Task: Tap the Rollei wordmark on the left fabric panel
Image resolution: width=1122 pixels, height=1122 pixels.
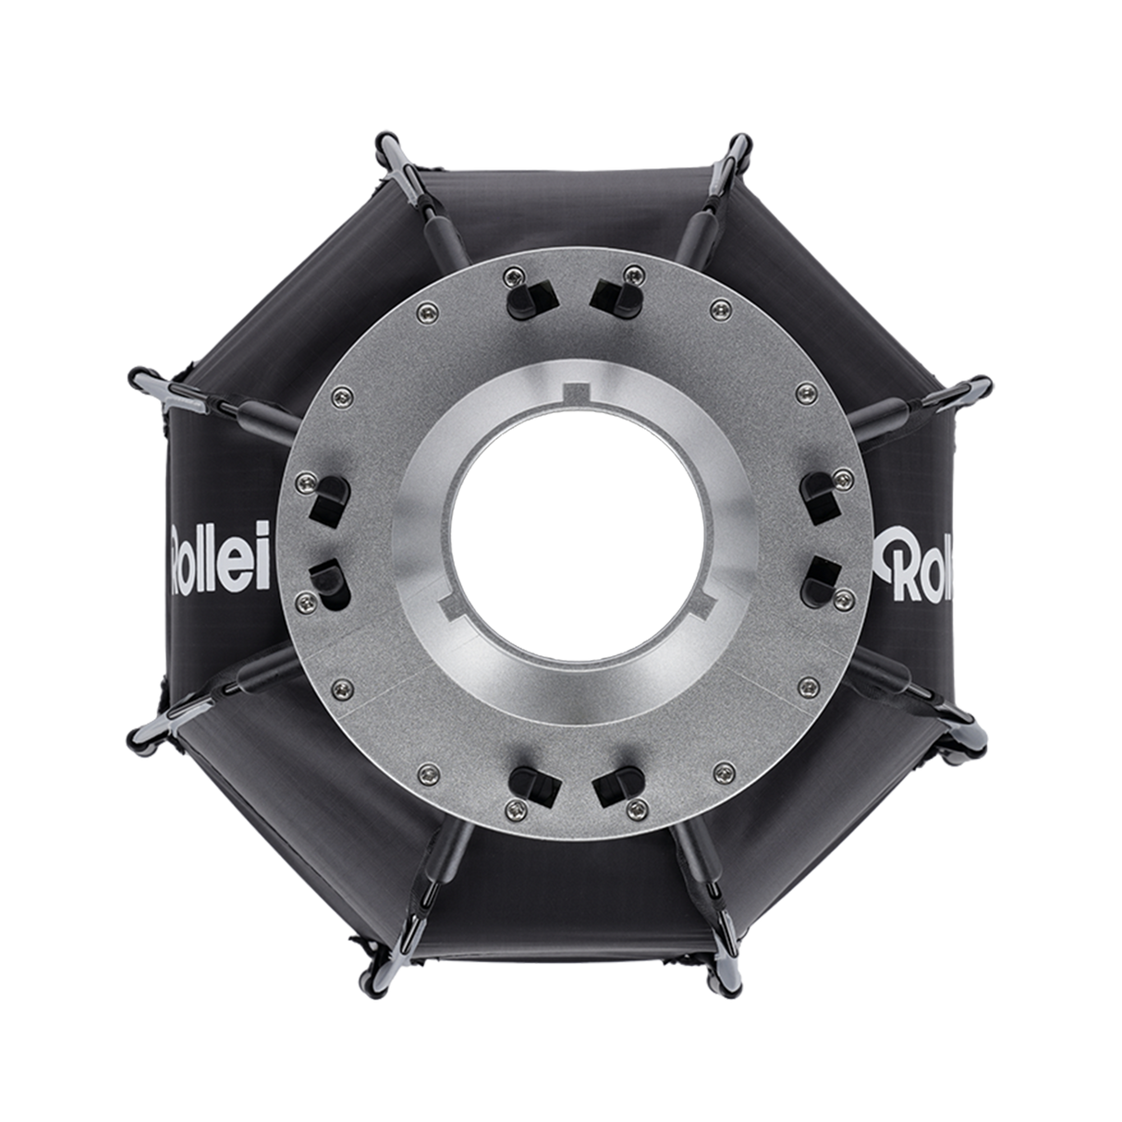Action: (221, 558)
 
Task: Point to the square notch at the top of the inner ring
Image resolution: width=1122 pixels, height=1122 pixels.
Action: (579, 392)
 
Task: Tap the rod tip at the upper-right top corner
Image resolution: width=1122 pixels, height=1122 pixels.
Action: (738, 147)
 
